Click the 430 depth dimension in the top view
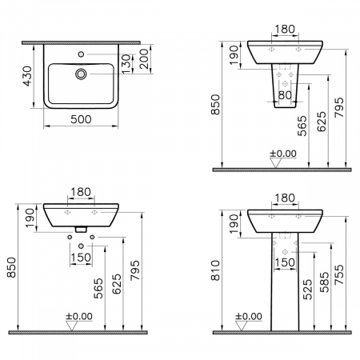pyautogui.click(x=27, y=76)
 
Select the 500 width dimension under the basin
pyautogui.click(x=81, y=119)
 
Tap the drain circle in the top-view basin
pyautogui.click(x=81, y=74)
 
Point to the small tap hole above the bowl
pyautogui.click(x=81, y=54)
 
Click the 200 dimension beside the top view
pyautogui.click(x=144, y=59)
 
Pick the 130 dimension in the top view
pyautogui.click(x=126, y=64)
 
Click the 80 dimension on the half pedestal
pyautogui.click(x=285, y=95)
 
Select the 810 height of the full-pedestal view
pyautogui.click(x=215, y=270)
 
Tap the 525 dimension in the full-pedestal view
pyautogui.click(x=307, y=290)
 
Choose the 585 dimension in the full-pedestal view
pyautogui.click(x=325, y=282)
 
